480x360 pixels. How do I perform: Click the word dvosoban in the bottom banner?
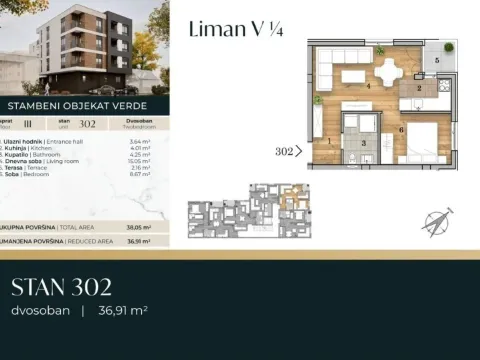[x=40, y=311]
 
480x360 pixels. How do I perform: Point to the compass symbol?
[x=437, y=222]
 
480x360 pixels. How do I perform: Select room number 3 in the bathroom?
[x=364, y=145]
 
